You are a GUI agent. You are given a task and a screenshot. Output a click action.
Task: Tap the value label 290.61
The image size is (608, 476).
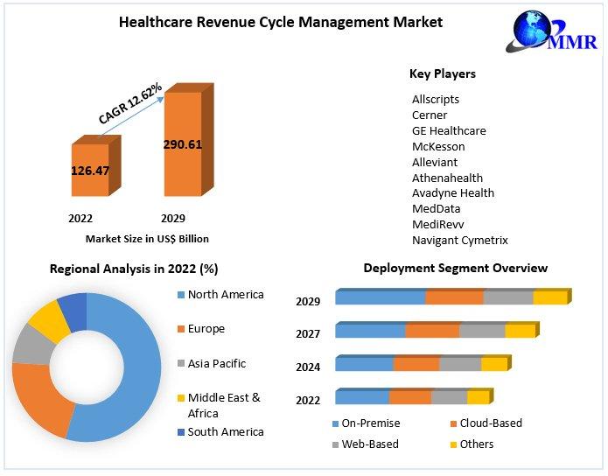pyautogui.click(x=183, y=144)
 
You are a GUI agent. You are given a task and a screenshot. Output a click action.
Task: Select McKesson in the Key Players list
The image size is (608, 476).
pyautogui.click(x=438, y=146)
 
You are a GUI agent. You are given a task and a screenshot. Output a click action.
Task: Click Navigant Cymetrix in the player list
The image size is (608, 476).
pyautogui.click(x=459, y=240)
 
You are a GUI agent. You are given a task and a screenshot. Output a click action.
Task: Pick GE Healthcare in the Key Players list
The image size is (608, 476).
pyautogui.click(x=449, y=130)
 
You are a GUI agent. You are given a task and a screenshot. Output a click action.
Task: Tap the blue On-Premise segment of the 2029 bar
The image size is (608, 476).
pyautogui.click(x=381, y=297)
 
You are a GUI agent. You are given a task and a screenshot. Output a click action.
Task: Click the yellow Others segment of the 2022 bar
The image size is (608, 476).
pyautogui.click(x=478, y=397)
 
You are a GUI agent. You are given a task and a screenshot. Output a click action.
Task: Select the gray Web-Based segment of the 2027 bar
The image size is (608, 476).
pyautogui.click(x=482, y=331)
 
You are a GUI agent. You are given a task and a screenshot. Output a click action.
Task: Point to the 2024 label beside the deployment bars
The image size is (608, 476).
pyautogui.click(x=308, y=367)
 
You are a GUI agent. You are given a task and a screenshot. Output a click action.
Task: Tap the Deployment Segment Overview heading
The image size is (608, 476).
pyautogui.click(x=455, y=268)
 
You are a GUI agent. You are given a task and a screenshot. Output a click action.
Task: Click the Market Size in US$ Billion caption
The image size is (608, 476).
pyautogui.click(x=147, y=238)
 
